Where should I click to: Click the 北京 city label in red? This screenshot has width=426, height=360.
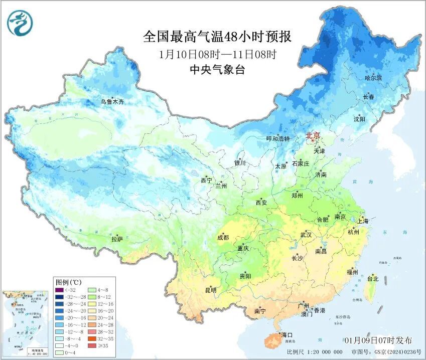[x=313, y=135]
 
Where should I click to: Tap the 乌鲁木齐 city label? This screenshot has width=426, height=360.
[x=111, y=102]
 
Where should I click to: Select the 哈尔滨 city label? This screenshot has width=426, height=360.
[x=373, y=78]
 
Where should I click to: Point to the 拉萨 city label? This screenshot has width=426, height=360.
[x=117, y=239]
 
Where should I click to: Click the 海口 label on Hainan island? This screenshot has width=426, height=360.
[x=287, y=334]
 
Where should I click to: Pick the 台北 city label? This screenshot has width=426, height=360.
[x=373, y=279]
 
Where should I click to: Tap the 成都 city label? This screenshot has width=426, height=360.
[x=223, y=238]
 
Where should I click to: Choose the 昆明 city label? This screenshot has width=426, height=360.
[x=211, y=290]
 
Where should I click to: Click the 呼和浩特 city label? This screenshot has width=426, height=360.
[x=277, y=139]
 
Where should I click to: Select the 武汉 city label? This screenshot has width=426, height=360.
[x=306, y=235]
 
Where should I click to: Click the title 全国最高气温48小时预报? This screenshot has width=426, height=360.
[x=217, y=37]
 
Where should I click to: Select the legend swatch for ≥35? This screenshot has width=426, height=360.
[x=92, y=346]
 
